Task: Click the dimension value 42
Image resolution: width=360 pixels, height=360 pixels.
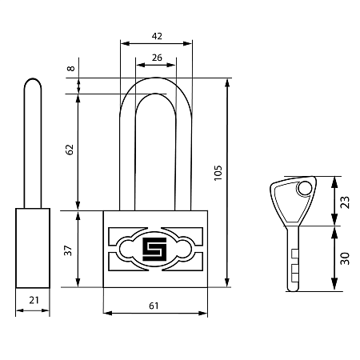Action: (x=157, y=36)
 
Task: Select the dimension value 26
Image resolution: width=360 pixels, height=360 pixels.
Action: (x=157, y=58)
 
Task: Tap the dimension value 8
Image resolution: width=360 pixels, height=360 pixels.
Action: (x=70, y=68)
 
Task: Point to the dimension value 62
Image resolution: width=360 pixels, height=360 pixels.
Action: (x=70, y=150)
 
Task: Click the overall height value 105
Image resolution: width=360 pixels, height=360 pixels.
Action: (x=218, y=173)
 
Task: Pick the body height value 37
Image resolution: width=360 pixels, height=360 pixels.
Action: (x=68, y=250)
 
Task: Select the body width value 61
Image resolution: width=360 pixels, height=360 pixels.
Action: (x=154, y=306)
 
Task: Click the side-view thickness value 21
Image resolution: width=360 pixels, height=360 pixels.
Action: (x=34, y=300)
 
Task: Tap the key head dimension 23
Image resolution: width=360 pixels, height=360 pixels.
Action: (x=345, y=202)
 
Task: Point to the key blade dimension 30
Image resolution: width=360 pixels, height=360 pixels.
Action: (x=345, y=258)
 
